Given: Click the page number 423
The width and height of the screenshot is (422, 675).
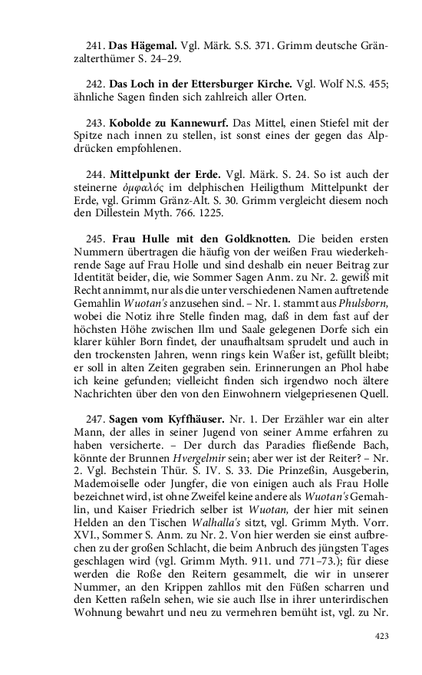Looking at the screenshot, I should coord(381,636).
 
